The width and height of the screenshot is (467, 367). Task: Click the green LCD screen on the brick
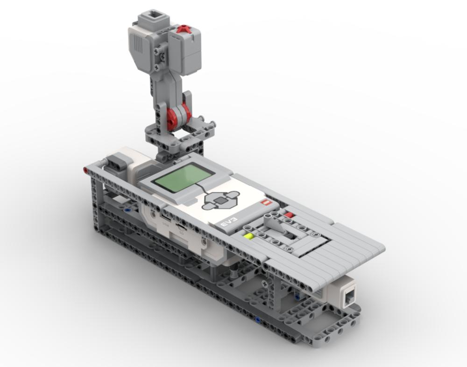pyautogui.click(x=183, y=179)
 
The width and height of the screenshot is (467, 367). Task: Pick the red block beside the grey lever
pyautogui.click(x=289, y=215)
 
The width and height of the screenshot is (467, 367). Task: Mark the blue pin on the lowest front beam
pyautogui.click(x=258, y=320)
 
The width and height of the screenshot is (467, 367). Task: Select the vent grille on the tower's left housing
pyautogui.click(x=138, y=44)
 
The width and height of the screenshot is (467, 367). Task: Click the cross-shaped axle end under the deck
pyautogui.click(x=265, y=283)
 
